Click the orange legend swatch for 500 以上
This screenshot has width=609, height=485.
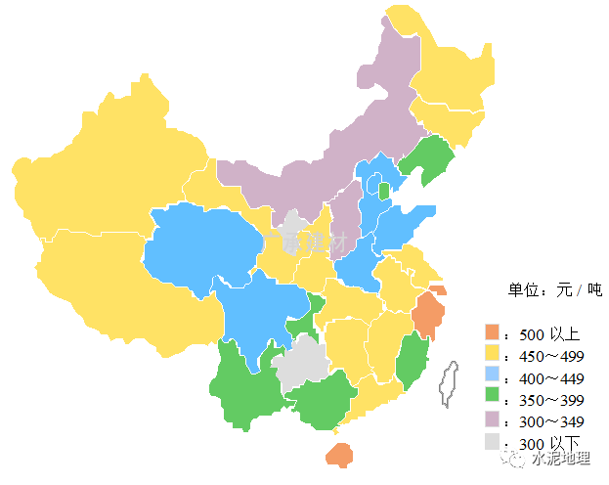[x=492, y=332]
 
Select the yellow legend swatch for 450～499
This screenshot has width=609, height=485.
[x=492, y=354]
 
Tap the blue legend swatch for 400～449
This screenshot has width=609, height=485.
[x=492, y=376]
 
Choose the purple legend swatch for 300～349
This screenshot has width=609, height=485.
[x=492, y=420]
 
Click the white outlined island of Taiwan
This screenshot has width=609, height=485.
[x=449, y=382]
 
